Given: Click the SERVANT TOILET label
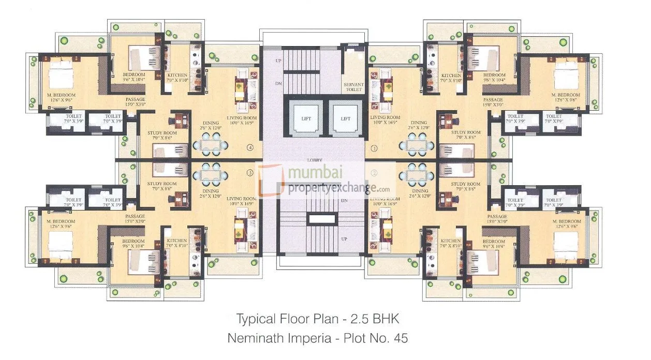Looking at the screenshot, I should coord(353,87).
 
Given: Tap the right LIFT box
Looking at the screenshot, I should coord(345,119).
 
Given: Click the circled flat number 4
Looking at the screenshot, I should coord(250,148).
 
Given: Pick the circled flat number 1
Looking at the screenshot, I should coord(374,148).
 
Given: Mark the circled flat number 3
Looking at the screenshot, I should coord(250,172).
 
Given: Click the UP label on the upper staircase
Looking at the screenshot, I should coord(278,61).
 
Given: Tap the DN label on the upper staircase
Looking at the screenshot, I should coord(278,83).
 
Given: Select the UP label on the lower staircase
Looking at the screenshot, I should coord(344,239).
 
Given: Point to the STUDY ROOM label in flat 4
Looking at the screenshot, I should coord(161,133).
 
